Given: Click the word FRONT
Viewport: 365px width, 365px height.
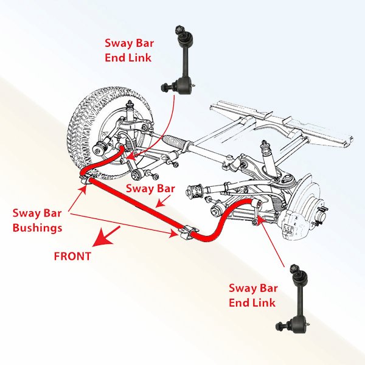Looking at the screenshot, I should (72, 256).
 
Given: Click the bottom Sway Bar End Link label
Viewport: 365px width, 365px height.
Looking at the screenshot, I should (252, 295).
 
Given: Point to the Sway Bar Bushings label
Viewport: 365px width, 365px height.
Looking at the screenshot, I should (37, 220).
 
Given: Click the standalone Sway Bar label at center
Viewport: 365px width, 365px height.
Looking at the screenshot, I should (149, 189).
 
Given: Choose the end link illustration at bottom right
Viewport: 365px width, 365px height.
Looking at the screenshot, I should (297, 297).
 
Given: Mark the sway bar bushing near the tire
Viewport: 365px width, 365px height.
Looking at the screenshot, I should (86, 179).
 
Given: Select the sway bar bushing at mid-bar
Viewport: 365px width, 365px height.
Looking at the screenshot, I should (188, 232).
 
